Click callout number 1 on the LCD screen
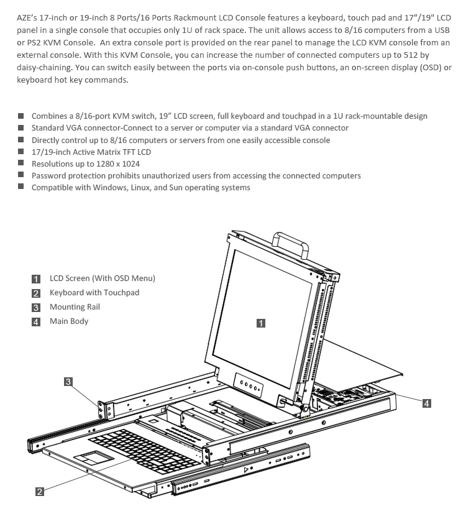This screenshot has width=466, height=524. point(261,323)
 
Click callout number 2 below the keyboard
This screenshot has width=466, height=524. point(39,492)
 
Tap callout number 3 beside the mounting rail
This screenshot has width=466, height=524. point(68,381)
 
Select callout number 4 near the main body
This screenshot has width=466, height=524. point(426,403)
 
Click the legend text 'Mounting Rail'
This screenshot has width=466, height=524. point(75,307)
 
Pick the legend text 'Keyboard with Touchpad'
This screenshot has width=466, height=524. point(94,293)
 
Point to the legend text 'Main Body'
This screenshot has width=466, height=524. point(69,321)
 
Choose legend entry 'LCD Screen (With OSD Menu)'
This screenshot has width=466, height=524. point(103,278)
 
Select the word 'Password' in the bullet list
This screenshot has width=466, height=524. point(49,176)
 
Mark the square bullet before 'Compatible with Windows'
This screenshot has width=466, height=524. point(21,187)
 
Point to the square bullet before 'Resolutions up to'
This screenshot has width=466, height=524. point(21,163)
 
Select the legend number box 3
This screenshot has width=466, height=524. point(36,308)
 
